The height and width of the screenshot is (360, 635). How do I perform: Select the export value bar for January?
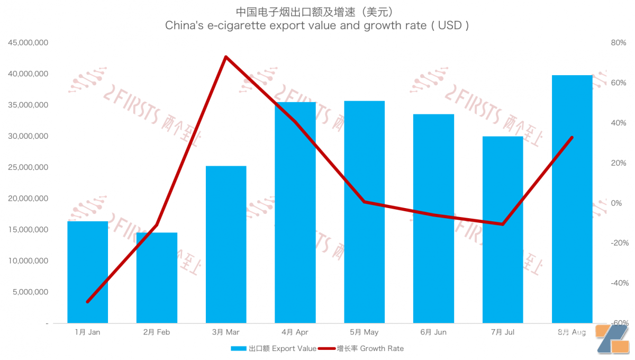pos(88,272)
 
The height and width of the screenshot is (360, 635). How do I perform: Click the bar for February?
pos(157,277)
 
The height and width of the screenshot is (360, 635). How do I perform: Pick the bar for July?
pos(503,230)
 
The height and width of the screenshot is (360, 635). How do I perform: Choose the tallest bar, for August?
pos(572,199)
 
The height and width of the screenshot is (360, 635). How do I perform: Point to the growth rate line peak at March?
pos(226,57)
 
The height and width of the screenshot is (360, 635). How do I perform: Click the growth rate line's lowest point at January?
pos(88,302)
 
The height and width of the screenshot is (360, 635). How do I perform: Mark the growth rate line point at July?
pos(503,224)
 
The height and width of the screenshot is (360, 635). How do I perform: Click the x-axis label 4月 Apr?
pos(295,332)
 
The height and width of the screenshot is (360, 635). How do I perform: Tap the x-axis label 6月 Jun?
pos(433,332)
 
